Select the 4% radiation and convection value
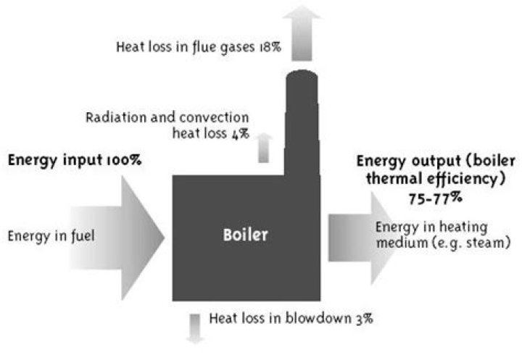click(x=239, y=134)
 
